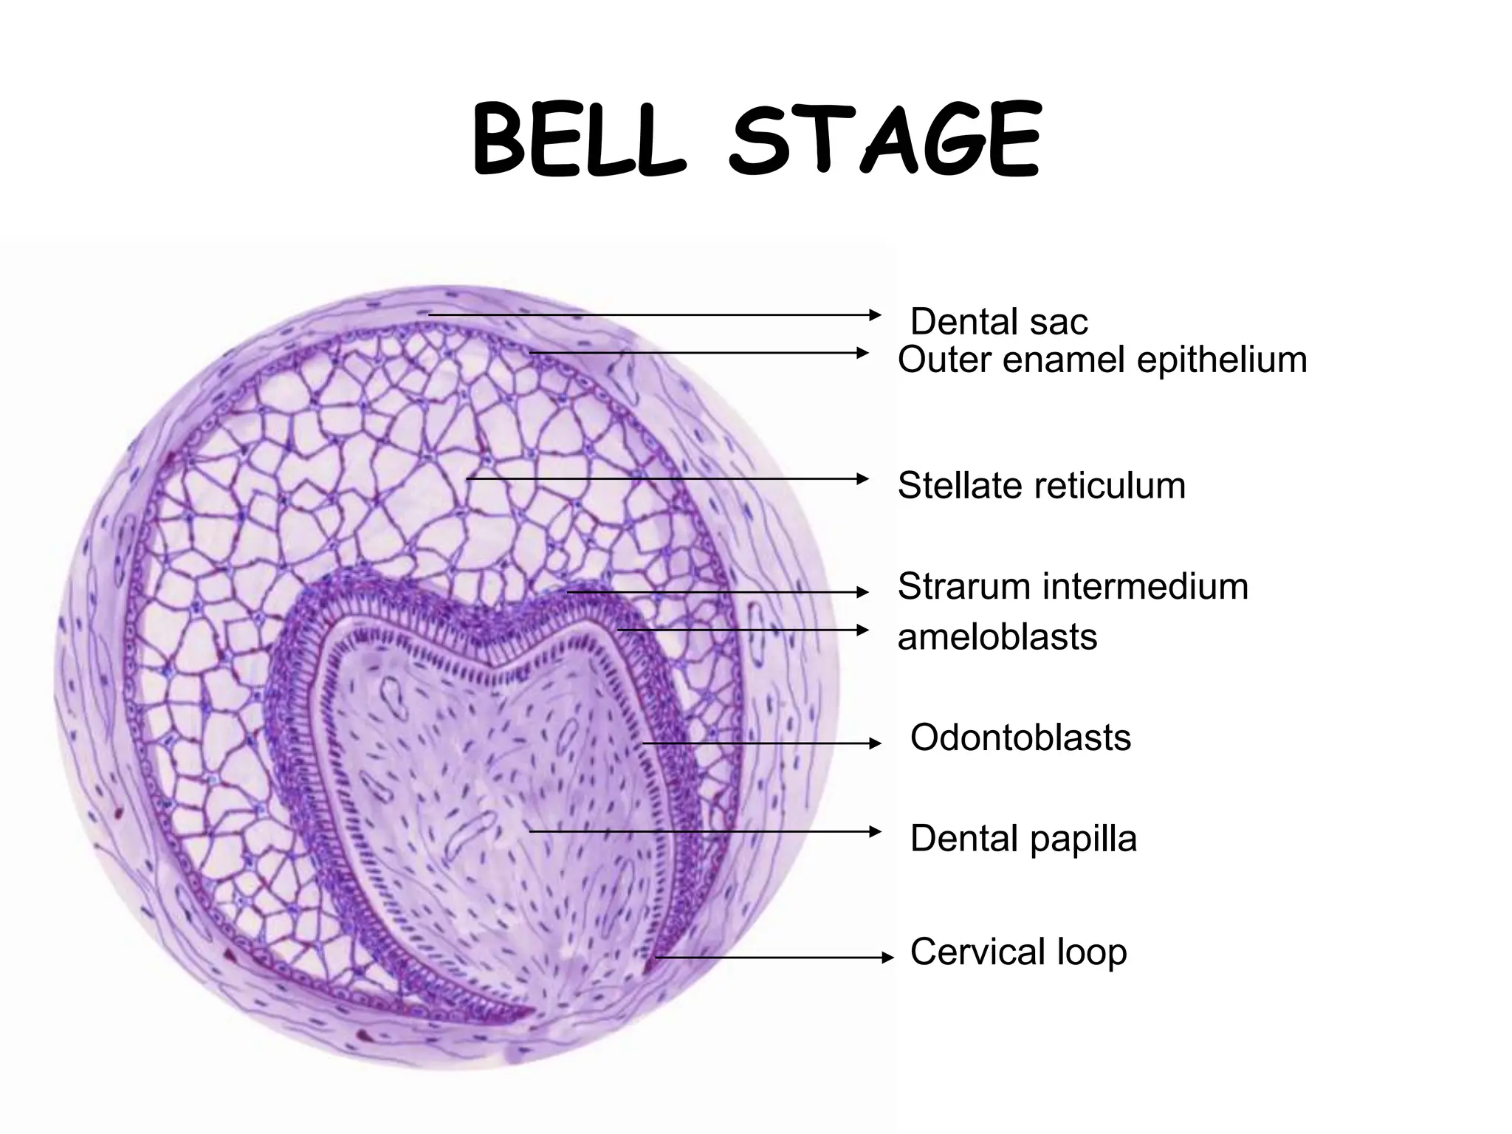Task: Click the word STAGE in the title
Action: click(x=884, y=142)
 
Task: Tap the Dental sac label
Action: click(x=999, y=322)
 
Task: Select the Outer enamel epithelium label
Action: click(x=1102, y=360)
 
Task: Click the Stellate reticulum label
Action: click(x=1041, y=486)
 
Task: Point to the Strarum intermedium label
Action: click(x=1073, y=586)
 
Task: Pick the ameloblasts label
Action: click(x=997, y=636)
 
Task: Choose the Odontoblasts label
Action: click(x=1020, y=738)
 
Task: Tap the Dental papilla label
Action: click(x=1023, y=839)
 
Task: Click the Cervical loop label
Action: click(x=1018, y=952)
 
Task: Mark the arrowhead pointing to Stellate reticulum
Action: click(x=864, y=479)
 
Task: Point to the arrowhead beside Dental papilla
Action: click(x=877, y=831)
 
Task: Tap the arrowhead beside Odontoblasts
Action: click(x=877, y=743)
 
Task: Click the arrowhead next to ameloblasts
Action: click(x=864, y=630)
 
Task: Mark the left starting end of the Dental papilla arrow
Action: click(x=530, y=831)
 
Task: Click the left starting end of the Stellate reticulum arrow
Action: click(x=467, y=479)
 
